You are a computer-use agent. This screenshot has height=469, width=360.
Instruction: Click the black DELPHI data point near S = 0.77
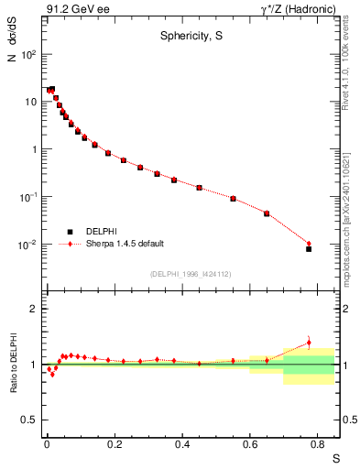309,248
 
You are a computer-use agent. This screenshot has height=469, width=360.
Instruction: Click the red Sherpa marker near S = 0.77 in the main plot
309,243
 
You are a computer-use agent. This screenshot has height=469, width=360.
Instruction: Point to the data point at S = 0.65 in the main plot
267,213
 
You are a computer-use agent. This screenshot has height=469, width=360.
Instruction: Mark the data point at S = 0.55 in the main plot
233,199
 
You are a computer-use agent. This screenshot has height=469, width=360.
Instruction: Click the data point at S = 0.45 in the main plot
199,188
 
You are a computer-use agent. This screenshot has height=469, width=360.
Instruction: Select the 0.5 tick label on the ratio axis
28,420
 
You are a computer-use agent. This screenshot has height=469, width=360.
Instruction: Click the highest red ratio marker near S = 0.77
309,343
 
